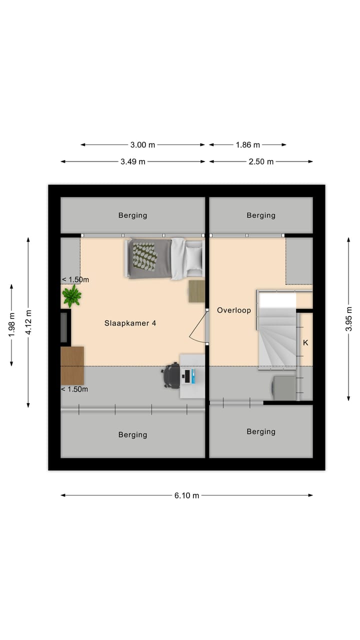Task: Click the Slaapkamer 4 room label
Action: point(130,323)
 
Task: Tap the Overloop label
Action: point(233,310)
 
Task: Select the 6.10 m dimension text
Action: point(186,495)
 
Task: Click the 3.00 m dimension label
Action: point(142,145)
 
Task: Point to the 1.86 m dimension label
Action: point(248,145)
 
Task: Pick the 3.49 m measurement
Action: point(133,161)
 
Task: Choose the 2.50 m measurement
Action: point(261,161)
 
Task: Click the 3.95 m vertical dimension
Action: point(349,319)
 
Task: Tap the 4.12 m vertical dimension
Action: point(28,322)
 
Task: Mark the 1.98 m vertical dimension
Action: point(11,324)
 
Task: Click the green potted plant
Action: point(71,296)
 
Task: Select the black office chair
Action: point(171,375)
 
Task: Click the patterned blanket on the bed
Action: point(144,256)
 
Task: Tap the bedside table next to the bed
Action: point(196,291)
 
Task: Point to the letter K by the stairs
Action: point(305,343)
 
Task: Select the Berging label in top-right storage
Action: point(261,215)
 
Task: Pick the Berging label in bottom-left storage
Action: point(132,435)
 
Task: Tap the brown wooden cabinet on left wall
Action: point(72,365)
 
